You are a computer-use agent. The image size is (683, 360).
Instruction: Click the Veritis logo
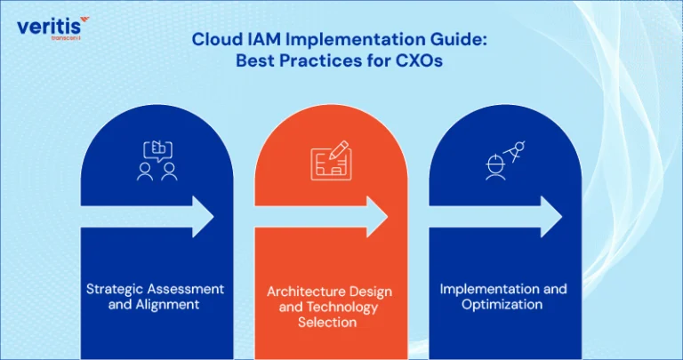[53, 28]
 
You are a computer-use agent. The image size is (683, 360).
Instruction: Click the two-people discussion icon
[157, 161]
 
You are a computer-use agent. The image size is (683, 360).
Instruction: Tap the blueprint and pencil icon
[332, 160]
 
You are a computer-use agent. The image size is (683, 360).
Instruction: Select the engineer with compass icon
[505, 160]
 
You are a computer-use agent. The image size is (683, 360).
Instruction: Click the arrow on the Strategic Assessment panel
[148, 217]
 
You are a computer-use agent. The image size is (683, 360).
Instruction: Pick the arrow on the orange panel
[321, 217]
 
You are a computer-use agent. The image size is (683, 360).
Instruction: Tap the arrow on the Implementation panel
[495, 217]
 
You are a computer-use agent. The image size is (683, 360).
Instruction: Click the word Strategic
[115, 289]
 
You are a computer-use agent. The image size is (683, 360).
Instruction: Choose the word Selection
[327, 322]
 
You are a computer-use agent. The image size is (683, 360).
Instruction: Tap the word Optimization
[502, 304]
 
